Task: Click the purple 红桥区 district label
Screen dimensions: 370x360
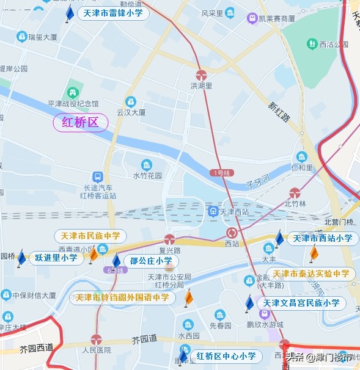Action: point(81,123)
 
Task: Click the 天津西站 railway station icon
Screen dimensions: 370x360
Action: point(213,212)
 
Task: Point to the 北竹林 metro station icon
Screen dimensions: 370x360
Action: point(295,193)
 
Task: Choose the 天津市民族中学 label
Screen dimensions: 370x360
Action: point(90,236)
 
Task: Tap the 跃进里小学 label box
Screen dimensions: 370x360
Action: point(56,258)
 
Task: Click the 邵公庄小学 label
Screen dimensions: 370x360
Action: point(151,261)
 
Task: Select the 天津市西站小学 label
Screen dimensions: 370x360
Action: point(323,238)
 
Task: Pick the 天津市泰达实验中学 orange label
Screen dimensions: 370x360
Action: point(311,274)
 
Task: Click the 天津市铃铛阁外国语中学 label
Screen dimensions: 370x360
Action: point(122,298)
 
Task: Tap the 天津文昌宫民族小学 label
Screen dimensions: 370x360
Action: point(301,303)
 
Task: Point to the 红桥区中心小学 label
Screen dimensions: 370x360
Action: point(226,356)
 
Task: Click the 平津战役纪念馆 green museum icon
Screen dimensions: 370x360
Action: point(73,93)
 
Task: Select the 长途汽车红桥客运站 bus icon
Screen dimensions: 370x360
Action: point(97,176)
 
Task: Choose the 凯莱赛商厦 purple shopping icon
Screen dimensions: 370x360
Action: point(252,18)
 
